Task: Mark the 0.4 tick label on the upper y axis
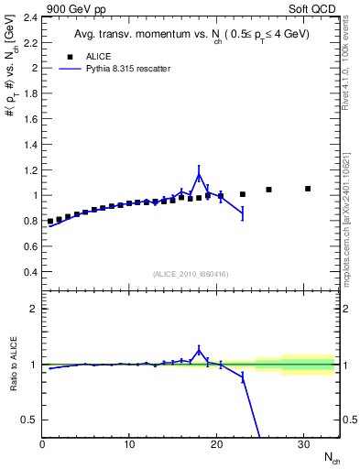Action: point(29,272)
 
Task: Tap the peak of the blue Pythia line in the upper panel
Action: point(199,174)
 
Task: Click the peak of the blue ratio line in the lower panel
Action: point(199,349)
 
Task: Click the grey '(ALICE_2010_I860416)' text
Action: point(191,274)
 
